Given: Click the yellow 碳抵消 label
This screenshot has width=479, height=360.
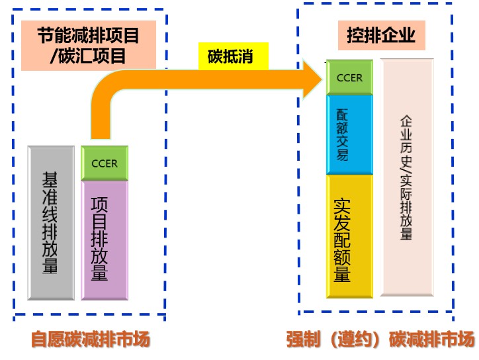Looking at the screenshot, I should click(x=234, y=56).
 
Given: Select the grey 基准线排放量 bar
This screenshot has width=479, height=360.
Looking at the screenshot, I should click(x=51, y=223).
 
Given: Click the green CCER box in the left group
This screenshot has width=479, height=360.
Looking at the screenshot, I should click(x=104, y=163).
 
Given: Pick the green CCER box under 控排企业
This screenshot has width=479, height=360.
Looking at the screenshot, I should click(x=349, y=77).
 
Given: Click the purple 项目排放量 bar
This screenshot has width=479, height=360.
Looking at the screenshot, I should click(x=104, y=240).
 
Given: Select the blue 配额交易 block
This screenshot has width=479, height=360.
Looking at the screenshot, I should click(x=349, y=134).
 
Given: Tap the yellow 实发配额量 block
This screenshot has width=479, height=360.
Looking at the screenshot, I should click(x=349, y=236).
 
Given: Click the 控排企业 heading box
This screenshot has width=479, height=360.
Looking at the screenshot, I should click(x=381, y=36).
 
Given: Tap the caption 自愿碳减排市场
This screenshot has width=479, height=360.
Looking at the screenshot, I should click(x=91, y=340).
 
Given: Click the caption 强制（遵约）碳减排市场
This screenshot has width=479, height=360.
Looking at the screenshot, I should click(x=380, y=340).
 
